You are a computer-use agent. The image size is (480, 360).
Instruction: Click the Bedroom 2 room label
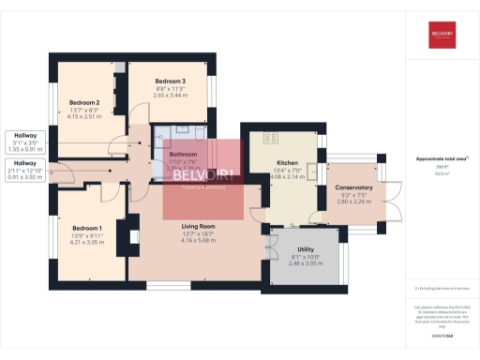(84, 102)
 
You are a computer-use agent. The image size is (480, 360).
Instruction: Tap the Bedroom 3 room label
(171, 82)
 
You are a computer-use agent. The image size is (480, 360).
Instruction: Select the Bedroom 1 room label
(87, 228)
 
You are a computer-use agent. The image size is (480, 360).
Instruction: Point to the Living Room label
(199, 226)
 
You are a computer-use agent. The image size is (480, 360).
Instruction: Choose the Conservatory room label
(354, 187)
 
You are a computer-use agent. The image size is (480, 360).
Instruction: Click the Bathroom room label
(183, 154)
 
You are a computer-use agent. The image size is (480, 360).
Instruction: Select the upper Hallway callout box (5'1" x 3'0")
(24, 140)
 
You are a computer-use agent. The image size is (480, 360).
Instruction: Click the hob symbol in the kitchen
(272, 138)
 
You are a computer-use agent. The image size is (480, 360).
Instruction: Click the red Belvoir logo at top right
(442, 37)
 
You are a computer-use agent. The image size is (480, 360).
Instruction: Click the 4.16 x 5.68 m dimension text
(199, 241)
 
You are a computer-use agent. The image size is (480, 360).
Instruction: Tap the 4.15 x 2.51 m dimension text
(84, 117)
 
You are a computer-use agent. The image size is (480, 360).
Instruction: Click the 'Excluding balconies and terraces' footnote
(442, 289)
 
